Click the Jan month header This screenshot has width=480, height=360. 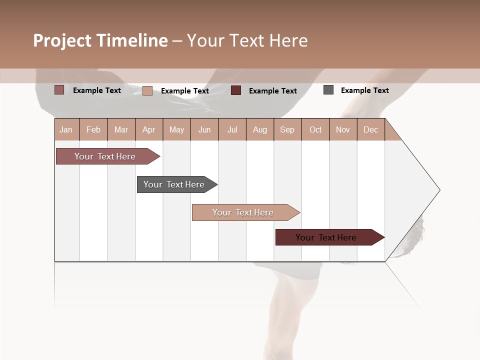pos(66,129)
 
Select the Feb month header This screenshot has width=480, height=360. pos(93,129)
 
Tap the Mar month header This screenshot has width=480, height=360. pos(121,129)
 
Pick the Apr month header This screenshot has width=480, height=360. pos(149,129)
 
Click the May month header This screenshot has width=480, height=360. pos(176,129)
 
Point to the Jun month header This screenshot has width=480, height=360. pos(204,129)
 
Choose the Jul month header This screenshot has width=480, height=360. pos(232,129)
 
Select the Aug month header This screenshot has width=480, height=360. pos(260,129)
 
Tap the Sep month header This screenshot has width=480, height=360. pos(287,129)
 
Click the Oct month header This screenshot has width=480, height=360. pos(315,129)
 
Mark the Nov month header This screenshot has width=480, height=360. pos(343,129)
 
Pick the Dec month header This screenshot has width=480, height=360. pos(371,129)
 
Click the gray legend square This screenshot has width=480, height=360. pos(328,90)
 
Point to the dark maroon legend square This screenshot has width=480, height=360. pos(236,90)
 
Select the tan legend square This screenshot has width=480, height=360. pos(147,90)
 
